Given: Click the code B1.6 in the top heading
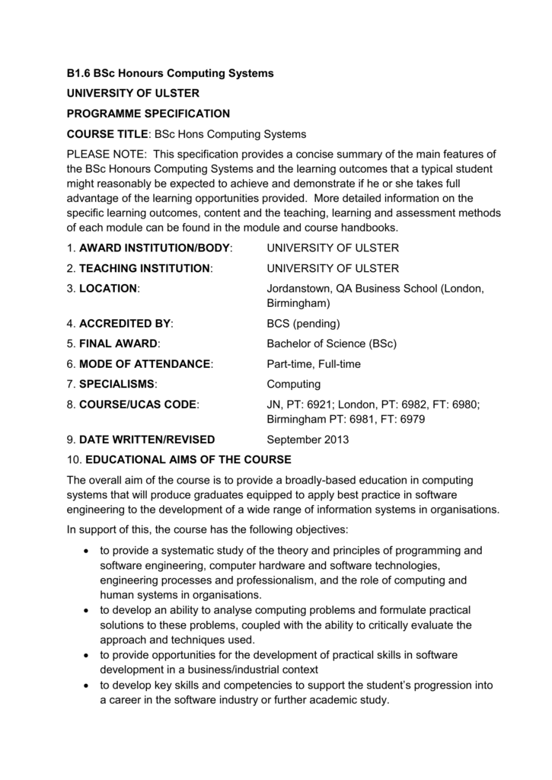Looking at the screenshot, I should pos(78,73).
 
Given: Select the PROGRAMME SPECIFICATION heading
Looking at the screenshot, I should pos(148,113).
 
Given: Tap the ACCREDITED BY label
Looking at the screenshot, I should pos(126,323).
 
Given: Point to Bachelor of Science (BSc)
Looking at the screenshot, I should pos(331,344).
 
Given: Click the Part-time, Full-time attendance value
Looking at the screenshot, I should pos(314,364).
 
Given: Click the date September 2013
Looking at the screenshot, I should pos(308,440).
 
